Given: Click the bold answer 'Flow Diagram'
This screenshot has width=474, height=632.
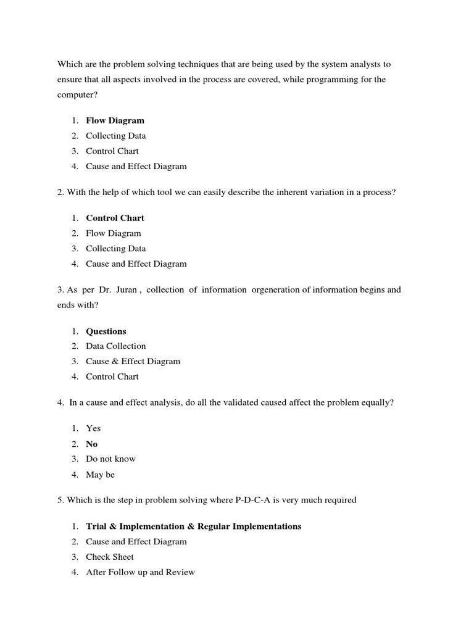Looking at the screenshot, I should tap(115, 120).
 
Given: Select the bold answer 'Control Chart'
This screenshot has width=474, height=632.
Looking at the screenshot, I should tap(115, 218).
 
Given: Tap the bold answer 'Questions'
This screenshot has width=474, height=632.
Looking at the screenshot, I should tap(106, 331).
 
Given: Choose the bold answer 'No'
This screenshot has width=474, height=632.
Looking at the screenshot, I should tap(92, 444).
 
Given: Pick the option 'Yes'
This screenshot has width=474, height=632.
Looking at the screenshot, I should tap(93, 428).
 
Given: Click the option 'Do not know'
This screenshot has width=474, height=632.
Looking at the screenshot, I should tap(110, 459).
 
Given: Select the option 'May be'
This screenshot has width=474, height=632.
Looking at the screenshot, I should tap(101, 475).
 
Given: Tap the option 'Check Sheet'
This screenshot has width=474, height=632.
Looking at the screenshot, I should tap(110, 557).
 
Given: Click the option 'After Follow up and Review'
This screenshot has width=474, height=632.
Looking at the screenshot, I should tap(140, 572).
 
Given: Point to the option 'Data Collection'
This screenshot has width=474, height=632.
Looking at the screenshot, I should tap(116, 346).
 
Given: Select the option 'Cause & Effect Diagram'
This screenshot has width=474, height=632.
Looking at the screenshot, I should tap(133, 361).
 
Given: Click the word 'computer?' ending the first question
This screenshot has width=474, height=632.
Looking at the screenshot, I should tap(78, 95).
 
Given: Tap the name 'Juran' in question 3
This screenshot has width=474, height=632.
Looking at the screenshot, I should tap(125, 289).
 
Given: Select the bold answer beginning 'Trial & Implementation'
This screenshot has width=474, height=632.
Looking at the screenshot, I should tap(194, 526).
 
